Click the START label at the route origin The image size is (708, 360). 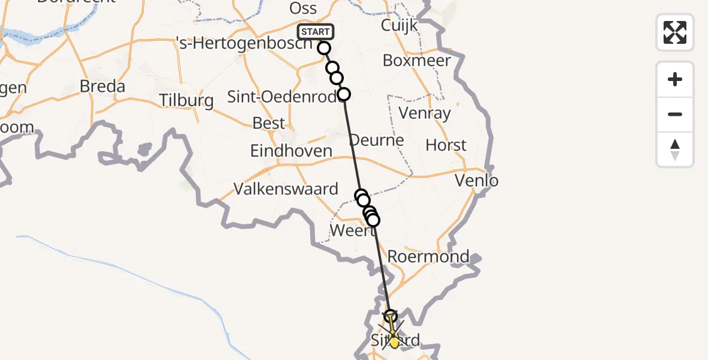(x=316, y=32)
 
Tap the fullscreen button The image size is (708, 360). (x=675, y=32)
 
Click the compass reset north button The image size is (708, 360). (x=675, y=149)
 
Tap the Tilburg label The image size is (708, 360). (x=187, y=100)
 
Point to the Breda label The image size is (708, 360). (x=103, y=86)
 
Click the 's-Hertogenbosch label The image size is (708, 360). (x=244, y=44)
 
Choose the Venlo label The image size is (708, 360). (x=476, y=180)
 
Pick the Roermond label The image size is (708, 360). (x=428, y=256)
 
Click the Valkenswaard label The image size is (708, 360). (x=286, y=189)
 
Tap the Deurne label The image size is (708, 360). (x=377, y=140)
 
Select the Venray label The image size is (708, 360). (x=424, y=113)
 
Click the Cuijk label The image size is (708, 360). (x=399, y=26)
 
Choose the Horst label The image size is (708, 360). (x=446, y=145)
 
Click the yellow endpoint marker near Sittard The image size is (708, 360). (x=394, y=343)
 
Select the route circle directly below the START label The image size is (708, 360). (x=324, y=48)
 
